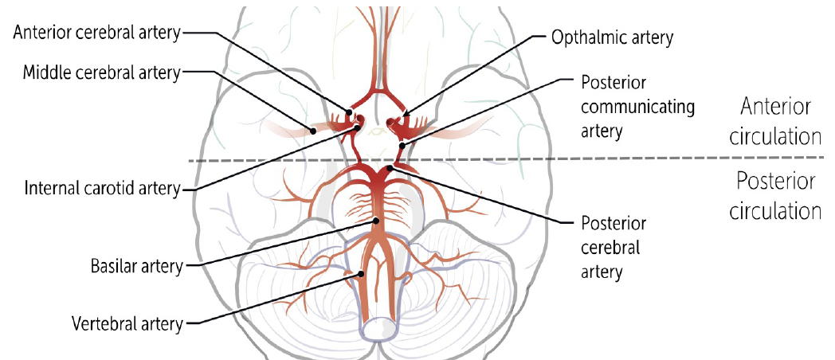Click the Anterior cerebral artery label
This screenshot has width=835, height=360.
[x=96, y=33]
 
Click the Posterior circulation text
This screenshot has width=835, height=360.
[x=776, y=197]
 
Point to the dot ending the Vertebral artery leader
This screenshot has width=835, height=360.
[x=361, y=274]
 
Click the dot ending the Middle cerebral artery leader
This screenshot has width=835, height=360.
[x=314, y=130]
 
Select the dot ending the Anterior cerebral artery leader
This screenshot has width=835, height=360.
[x=349, y=112]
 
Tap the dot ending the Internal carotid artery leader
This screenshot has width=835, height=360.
[x=359, y=126]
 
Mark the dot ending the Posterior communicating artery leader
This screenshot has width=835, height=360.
[x=403, y=146]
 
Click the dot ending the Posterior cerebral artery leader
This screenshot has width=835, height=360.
[x=390, y=168]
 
